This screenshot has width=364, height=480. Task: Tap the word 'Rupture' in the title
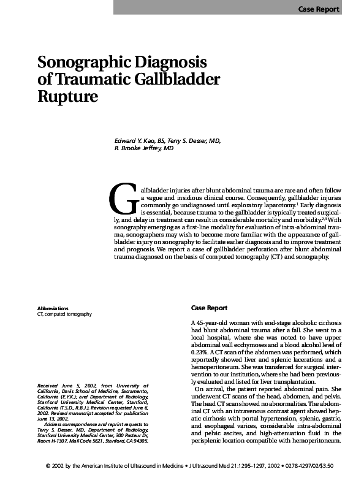(68, 96)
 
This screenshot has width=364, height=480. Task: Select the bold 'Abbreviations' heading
(53, 308)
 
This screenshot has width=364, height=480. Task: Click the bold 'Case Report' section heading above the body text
(209, 308)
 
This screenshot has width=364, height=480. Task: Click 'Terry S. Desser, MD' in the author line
(194, 140)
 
